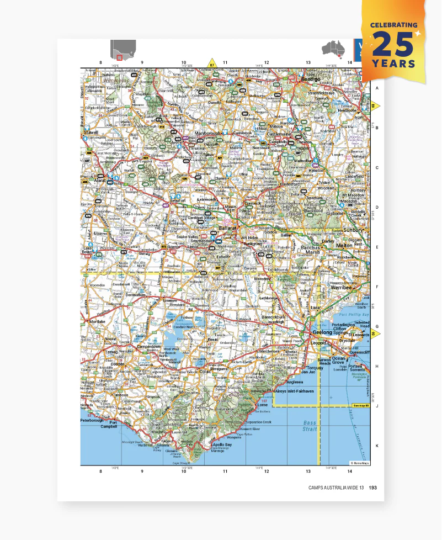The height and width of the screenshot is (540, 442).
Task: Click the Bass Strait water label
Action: pos(310,426)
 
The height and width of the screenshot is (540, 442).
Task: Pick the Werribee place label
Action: pos(342,287)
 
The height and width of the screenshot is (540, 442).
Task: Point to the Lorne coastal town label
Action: pos(262,405)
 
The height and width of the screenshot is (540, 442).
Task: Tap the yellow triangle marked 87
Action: pos(211,63)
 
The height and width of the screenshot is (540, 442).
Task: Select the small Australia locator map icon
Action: pos(334,49)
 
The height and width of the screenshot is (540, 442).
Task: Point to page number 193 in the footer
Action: pos(373,487)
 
